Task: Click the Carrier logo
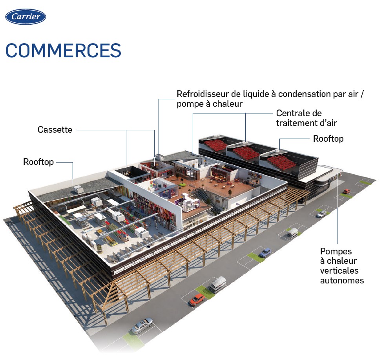(26, 17)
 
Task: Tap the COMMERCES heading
(63, 51)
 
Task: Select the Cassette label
(55, 130)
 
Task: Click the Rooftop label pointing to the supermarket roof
(38, 162)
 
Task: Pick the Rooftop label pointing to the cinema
(328, 139)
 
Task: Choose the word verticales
(339, 271)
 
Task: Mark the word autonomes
(342, 280)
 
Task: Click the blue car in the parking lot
(265, 252)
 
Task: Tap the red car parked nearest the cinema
(347, 192)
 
